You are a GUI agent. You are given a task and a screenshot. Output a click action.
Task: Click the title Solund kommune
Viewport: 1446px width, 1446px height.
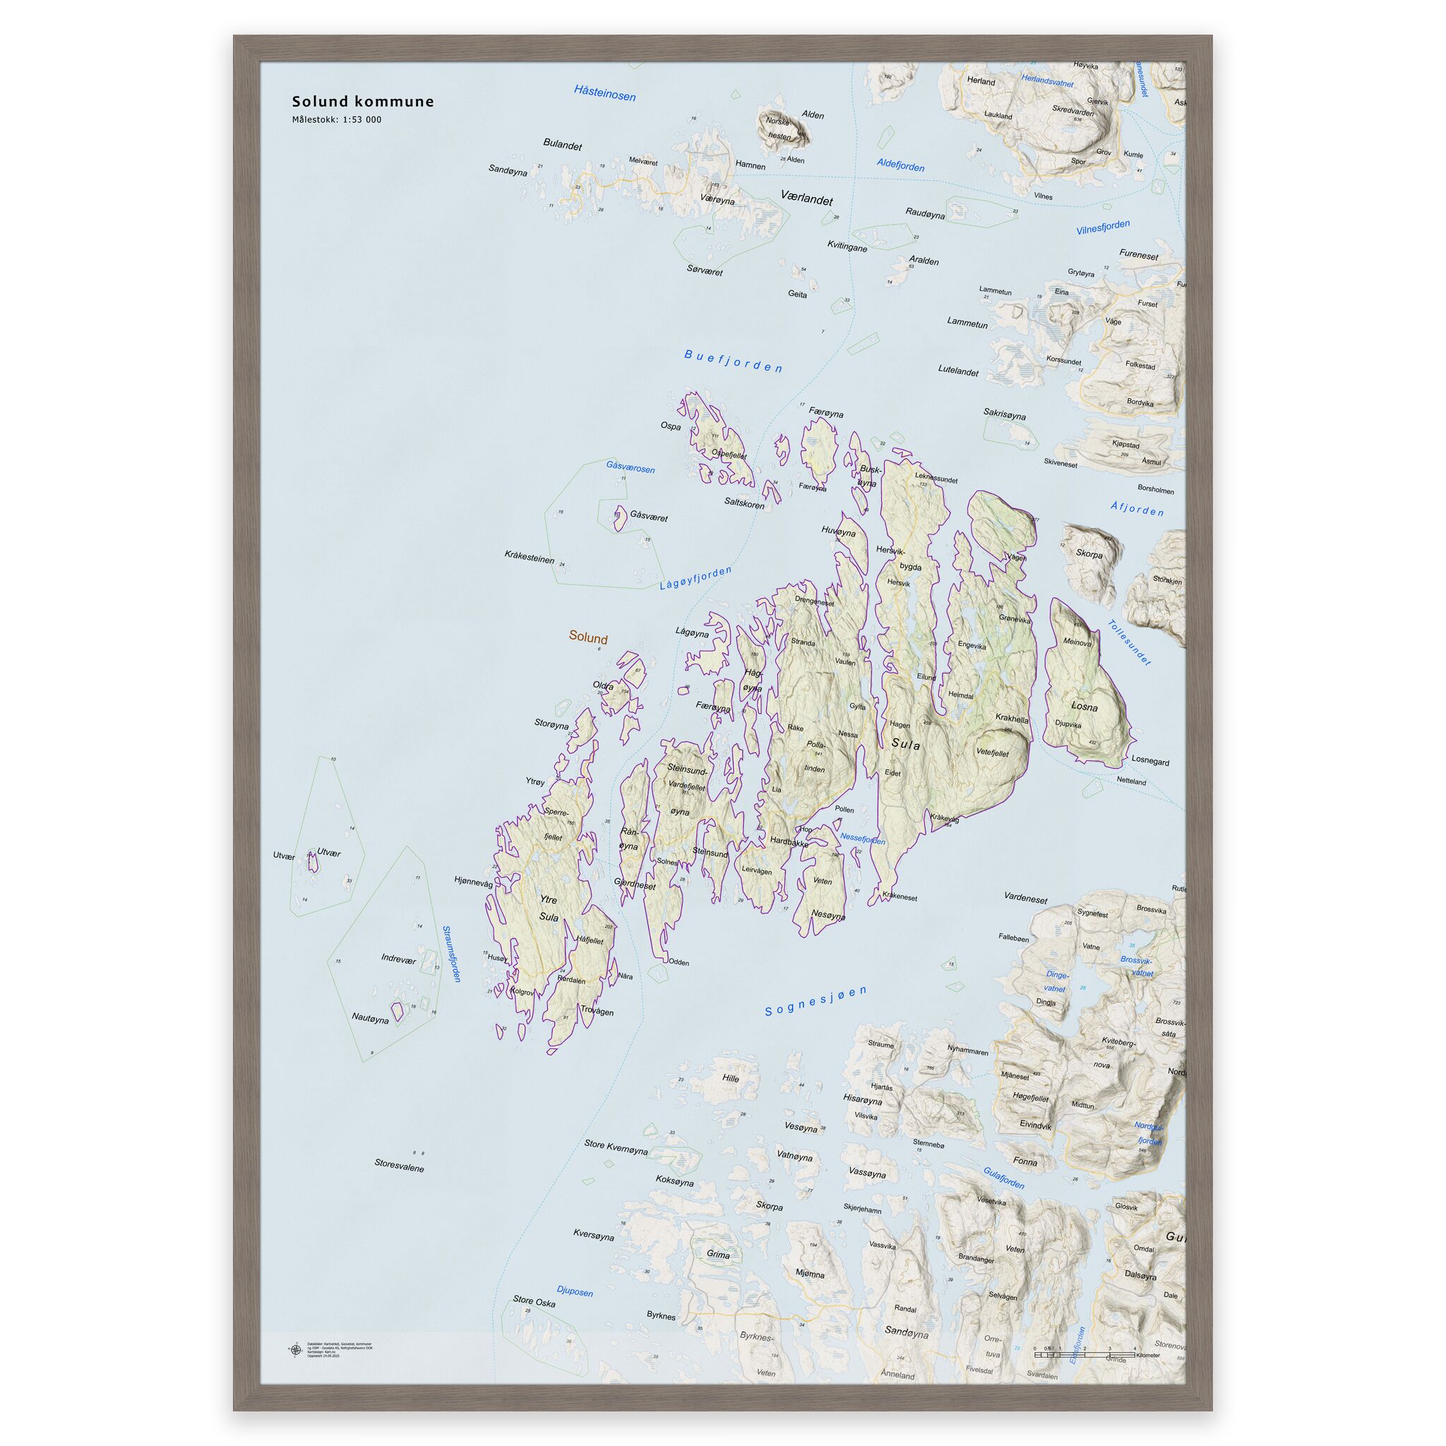[x=362, y=102]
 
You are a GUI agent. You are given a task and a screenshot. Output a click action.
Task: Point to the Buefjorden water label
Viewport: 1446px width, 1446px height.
[x=734, y=361]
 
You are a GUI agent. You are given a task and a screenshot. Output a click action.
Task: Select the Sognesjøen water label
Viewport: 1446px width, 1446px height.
[x=815, y=1000]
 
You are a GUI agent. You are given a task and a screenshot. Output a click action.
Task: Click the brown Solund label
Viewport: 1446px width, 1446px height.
[x=587, y=638]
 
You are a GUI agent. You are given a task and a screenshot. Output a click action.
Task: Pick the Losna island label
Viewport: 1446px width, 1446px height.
[x=1084, y=706]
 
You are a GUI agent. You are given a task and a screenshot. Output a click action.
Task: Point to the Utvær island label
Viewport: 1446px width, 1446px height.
[x=328, y=852]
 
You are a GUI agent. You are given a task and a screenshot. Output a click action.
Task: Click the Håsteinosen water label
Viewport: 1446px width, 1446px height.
[x=605, y=92]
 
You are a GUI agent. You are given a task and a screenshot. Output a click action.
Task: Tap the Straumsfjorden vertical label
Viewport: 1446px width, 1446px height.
[x=451, y=955]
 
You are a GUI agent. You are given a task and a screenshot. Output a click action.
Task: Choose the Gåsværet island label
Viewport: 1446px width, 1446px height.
[x=648, y=515]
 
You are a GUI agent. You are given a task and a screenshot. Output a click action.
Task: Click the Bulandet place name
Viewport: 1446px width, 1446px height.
[x=562, y=145]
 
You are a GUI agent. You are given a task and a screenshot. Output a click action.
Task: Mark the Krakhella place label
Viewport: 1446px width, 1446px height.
[x=1012, y=719]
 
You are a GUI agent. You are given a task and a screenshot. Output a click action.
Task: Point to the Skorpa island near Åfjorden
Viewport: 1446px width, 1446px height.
[x=1089, y=554]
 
